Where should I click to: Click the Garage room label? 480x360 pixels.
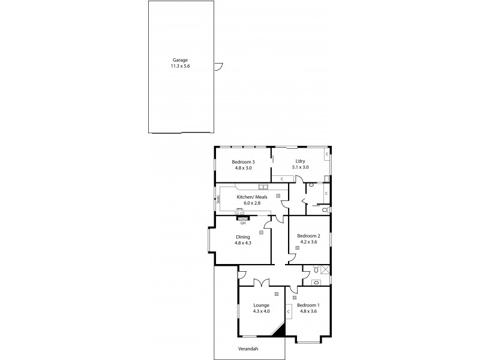tap(180, 60)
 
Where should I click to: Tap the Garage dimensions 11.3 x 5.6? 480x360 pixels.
tap(180, 66)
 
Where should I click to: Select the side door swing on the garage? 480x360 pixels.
tap(219, 66)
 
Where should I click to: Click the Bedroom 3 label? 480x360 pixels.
tap(244, 161)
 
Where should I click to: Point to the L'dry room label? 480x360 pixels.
tap(301, 161)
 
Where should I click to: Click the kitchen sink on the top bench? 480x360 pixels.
tap(263, 187)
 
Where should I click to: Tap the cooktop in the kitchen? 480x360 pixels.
tap(239, 210)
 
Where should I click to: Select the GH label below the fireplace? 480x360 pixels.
tap(242, 222)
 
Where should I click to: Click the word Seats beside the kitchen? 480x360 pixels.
tap(218, 200)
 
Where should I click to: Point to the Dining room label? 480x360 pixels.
tap(242, 236)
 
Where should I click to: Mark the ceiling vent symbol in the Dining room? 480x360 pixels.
tap(262, 232)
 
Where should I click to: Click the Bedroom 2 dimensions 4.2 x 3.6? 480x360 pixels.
tap(308, 242)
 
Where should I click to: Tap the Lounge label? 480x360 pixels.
tap(262, 305)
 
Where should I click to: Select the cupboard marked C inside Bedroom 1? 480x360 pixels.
tap(289, 311)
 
